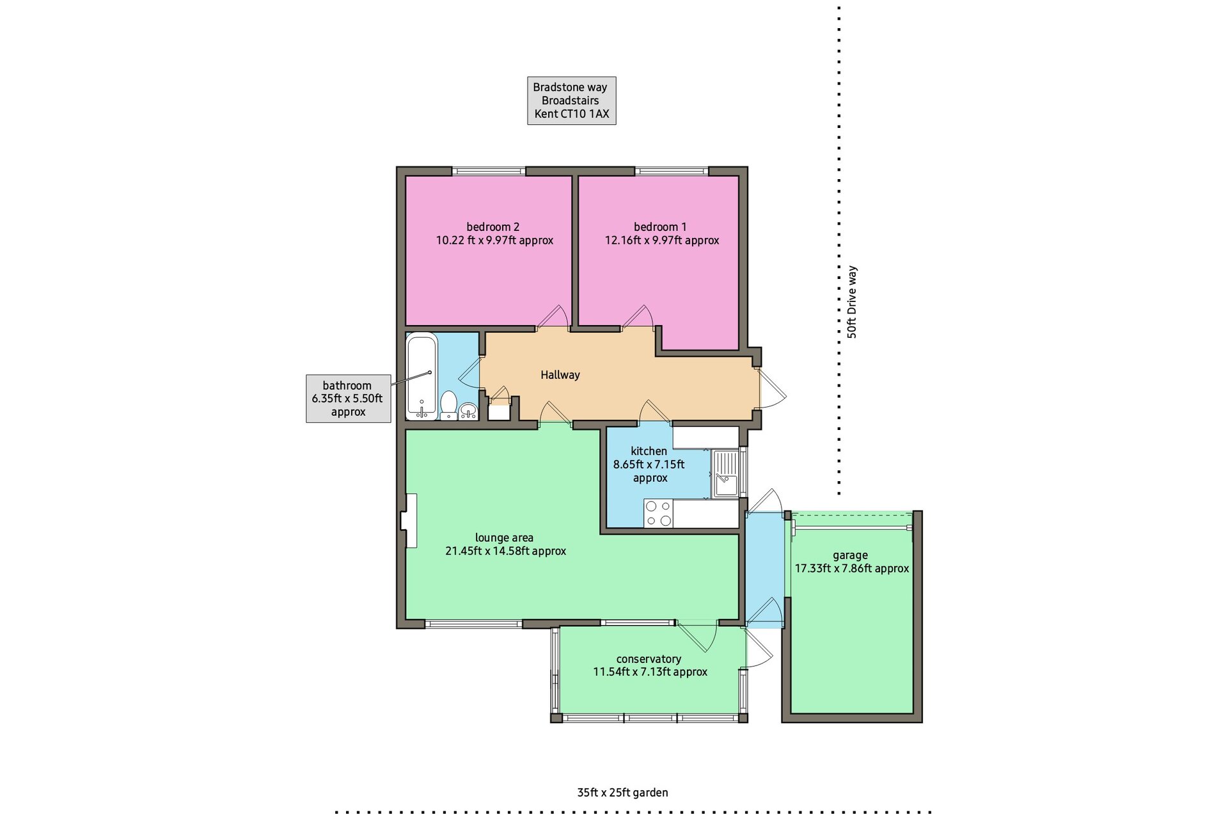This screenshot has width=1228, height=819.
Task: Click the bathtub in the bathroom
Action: click(x=422, y=376)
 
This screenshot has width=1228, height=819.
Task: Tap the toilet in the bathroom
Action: click(x=448, y=406)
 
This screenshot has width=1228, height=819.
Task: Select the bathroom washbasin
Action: click(x=468, y=411)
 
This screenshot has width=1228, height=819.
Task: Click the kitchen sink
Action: click(x=726, y=473)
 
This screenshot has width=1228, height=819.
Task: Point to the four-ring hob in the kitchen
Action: click(x=659, y=513)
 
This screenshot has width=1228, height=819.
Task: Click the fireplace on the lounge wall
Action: click(x=409, y=521)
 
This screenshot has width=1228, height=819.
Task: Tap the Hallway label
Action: click(x=560, y=375)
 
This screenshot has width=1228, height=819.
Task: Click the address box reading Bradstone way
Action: click(x=572, y=100)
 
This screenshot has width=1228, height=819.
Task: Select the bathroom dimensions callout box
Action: click(x=348, y=399)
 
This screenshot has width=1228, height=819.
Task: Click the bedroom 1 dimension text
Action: click(x=662, y=241)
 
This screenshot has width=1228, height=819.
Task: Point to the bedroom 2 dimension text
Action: click(x=494, y=241)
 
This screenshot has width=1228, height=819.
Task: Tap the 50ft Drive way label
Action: click(x=851, y=302)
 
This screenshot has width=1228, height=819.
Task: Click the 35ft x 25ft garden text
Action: click(x=622, y=793)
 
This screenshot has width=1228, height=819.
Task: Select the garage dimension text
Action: click(x=852, y=568)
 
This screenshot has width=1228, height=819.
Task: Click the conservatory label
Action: click(x=649, y=659)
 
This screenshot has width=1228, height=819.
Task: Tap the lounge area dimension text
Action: click(x=505, y=551)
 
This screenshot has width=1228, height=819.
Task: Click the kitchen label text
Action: click(x=649, y=451)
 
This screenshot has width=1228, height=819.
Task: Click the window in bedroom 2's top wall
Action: click(x=489, y=171)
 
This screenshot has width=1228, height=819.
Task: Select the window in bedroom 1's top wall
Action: click(x=672, y=171)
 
